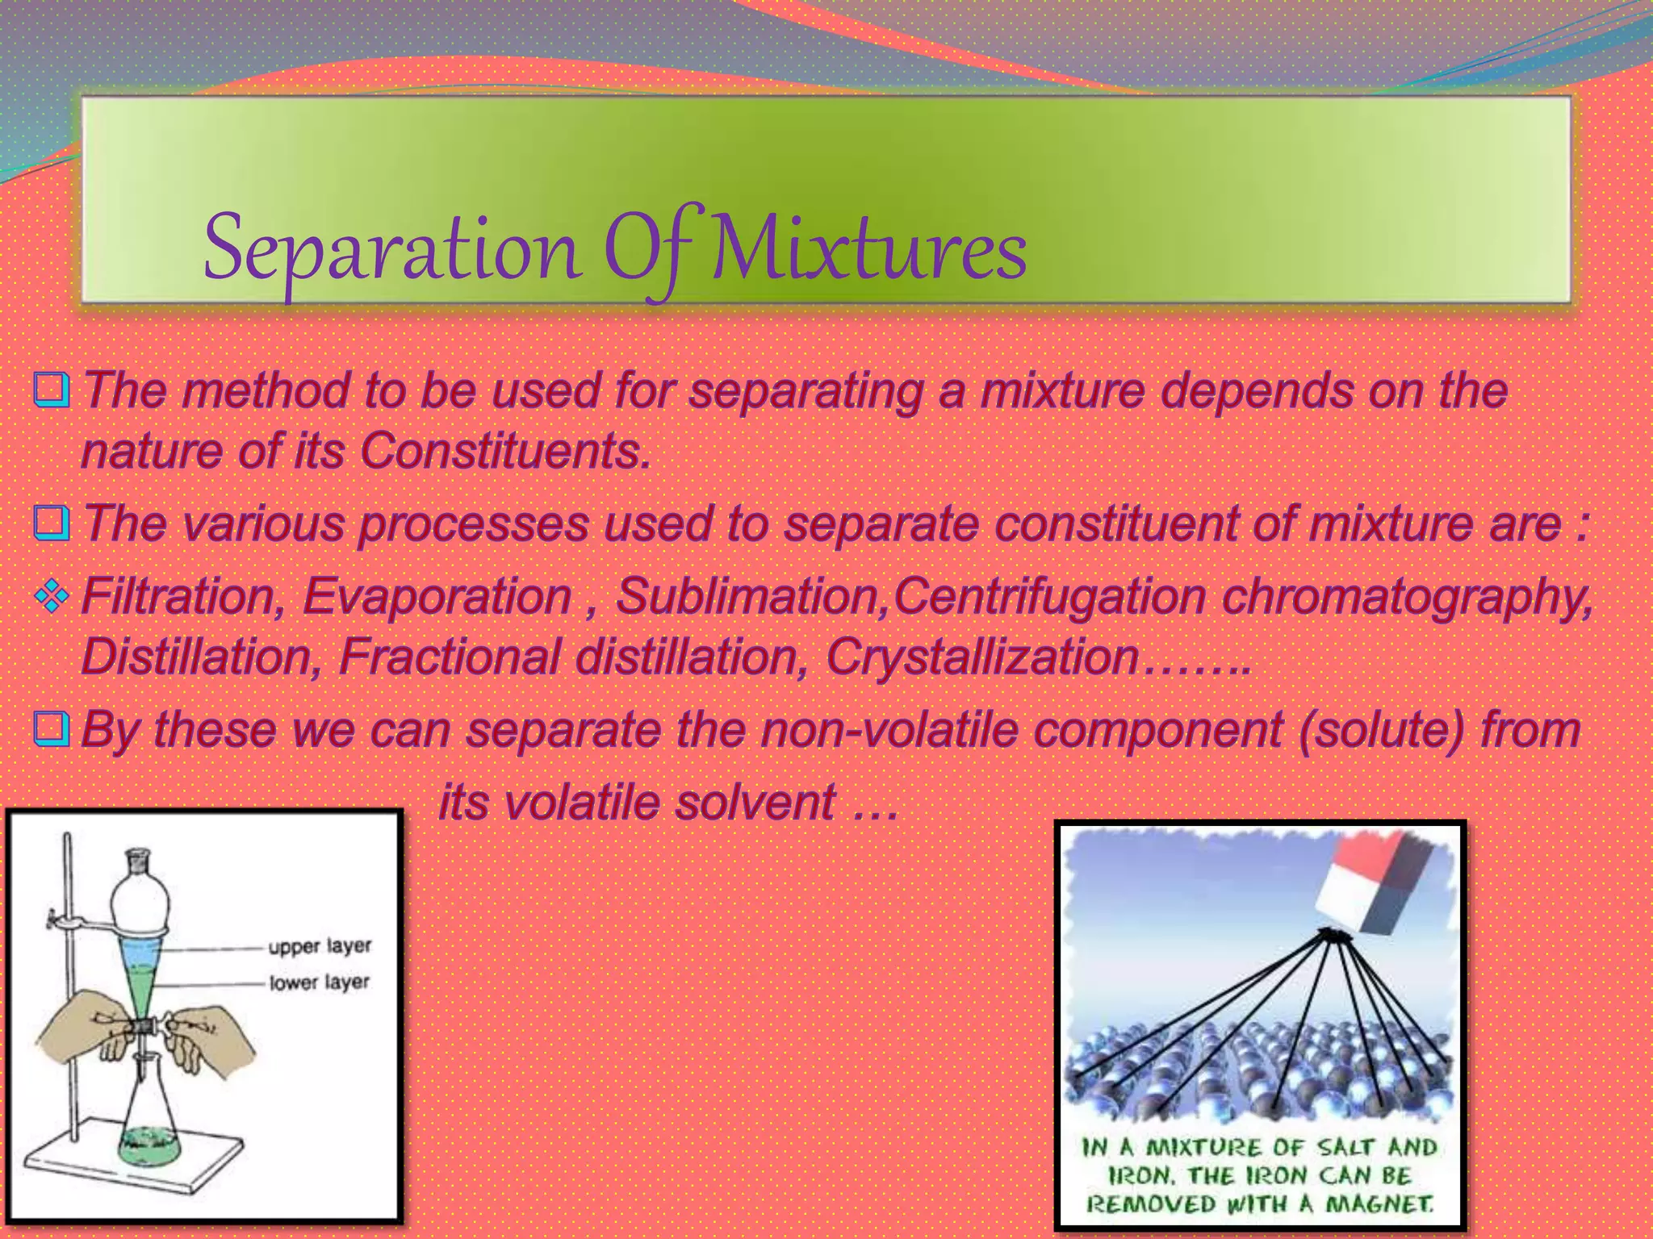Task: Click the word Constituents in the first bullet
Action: point(504,450)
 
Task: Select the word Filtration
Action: point(182,596)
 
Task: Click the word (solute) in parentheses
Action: point(1381,729)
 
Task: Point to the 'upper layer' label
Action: point(320,946)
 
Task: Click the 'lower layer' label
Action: point(319,982)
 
